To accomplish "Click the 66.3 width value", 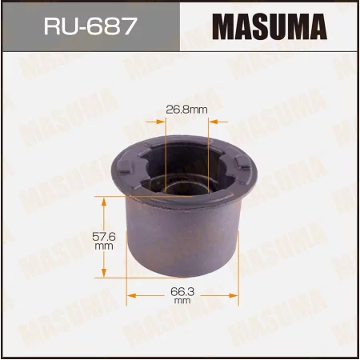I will tap(182, 294).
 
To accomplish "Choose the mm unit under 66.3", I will tap(182, 302).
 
